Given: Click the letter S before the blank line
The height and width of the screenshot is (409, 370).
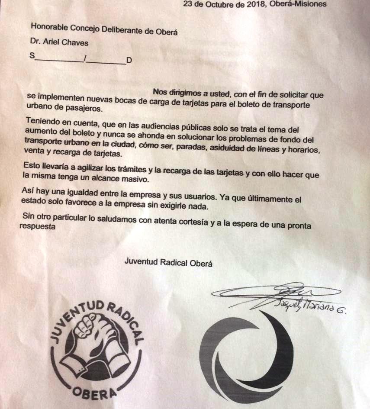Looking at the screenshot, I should (32, 55).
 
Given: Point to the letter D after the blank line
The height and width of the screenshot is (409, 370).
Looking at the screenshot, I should (129, 60).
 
